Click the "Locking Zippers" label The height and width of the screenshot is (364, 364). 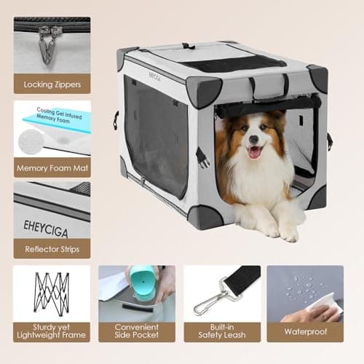click(x=52, y=84)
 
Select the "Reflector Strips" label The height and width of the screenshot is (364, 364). click(x=52, y=248)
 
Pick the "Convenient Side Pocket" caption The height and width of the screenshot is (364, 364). click(x=137, y=332)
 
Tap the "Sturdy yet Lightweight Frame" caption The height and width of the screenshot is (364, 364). click(x=52, y=332)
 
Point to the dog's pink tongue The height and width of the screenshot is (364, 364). click(x=256, y=154)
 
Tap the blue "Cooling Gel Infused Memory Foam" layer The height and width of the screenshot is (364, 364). click(x=58, y=116)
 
